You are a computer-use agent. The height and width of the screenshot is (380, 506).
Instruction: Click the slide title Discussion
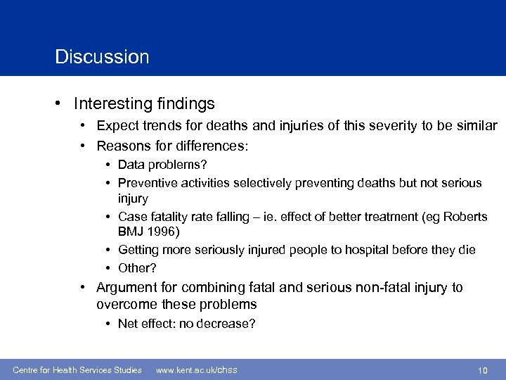coord(102,56)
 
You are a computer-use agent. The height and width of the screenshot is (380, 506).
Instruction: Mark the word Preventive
coord(147,183)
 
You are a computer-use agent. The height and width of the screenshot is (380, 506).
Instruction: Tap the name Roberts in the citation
coord(462,217)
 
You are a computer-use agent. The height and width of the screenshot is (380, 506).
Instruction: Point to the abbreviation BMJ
coord(131,232)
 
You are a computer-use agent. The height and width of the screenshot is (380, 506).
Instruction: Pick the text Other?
coord(137,268)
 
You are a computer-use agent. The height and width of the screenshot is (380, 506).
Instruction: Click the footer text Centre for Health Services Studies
coord(77,370)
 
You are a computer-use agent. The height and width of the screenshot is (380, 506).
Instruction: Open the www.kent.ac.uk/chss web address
coord(196,370)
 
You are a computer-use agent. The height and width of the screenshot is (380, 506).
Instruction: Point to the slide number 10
coord(482,370)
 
